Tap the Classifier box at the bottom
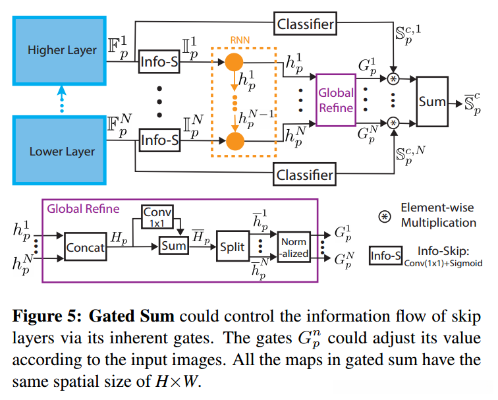tap(306, 175)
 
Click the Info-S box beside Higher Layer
tap(159, 63)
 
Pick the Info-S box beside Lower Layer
tap(159, 140)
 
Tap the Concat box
tap(86, 247)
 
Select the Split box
tap(232, 247)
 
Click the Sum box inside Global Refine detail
tap(173, 246)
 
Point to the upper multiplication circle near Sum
tap(394, 80)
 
